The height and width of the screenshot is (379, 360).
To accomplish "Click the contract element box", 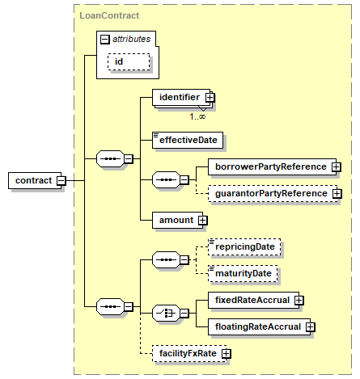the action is point(35,180).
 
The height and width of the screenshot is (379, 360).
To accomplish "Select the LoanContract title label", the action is point(109,15).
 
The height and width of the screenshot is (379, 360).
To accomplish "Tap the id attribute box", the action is point(129,61).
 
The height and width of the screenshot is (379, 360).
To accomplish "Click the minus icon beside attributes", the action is point(105,40).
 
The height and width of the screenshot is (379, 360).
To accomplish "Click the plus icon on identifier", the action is point(210,97).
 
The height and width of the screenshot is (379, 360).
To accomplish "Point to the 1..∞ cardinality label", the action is point(197,116).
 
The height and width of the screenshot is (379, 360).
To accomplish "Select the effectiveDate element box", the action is point(188,140).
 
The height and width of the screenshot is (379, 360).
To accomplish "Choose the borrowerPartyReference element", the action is point(272,167).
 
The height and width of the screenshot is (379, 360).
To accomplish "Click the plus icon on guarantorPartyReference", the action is point(337,194).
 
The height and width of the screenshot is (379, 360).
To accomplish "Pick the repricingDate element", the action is point(244,246).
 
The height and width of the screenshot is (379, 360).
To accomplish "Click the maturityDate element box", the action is point(243,273).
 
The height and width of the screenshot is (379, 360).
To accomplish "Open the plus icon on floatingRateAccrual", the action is point(311,327).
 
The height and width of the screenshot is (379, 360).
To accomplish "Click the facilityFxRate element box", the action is point(189,353).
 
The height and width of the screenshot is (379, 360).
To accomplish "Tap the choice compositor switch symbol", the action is point(166,314).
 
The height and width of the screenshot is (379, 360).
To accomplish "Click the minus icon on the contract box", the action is point(61,180).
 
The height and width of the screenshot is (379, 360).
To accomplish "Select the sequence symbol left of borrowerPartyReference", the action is point(166,179).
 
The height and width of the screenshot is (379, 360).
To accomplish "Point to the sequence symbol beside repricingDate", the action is point(166,260).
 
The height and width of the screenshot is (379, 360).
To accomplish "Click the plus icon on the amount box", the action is point(203,221).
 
